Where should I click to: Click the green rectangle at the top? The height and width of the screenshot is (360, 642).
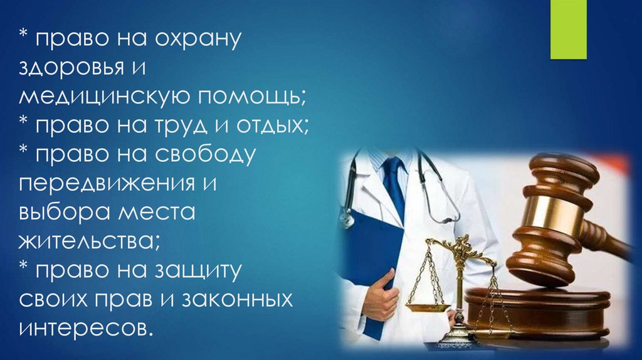point(568,29)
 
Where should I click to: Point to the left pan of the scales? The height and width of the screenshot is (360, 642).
point(428,307)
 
